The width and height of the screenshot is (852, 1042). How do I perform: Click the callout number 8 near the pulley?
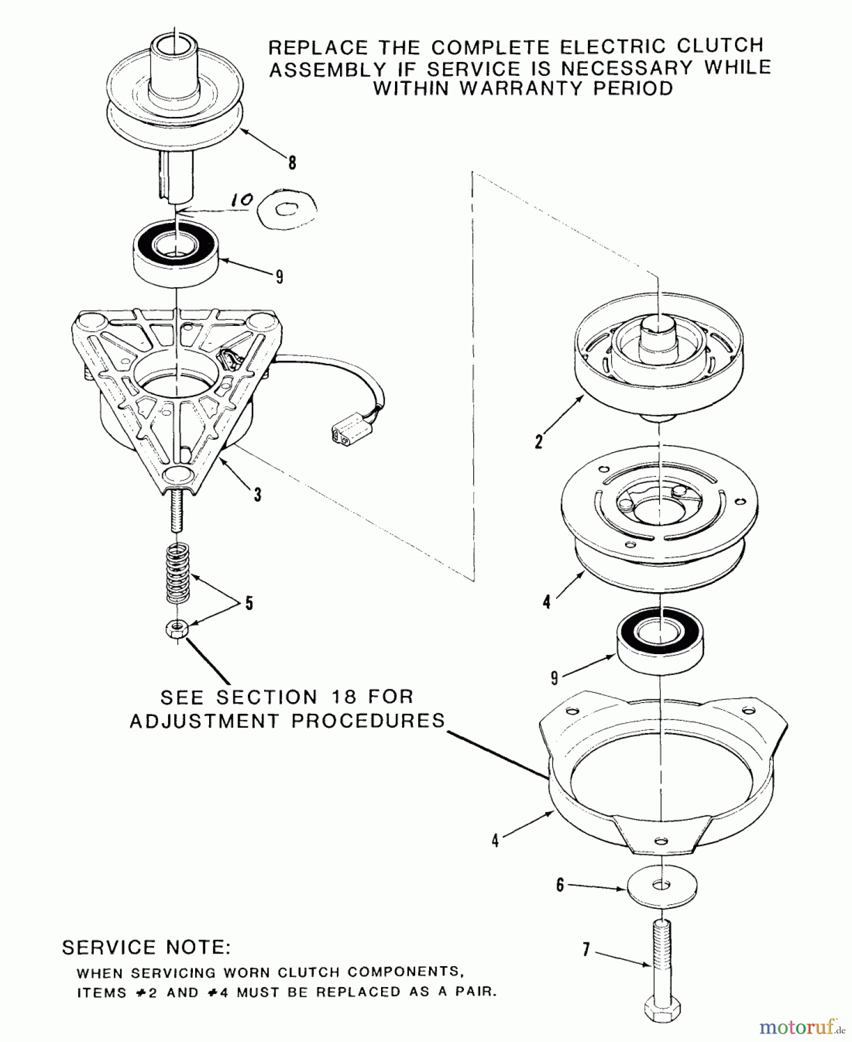pos(292,163)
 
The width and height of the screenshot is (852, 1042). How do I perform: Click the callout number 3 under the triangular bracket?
pos(257,494)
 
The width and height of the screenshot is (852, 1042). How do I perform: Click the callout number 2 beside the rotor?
pos(539,442)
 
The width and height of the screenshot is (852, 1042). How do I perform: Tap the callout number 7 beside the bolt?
pos(586,950)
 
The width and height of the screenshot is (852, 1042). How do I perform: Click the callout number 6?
pos(560,885)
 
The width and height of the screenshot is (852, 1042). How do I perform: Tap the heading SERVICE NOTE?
pos(146,948)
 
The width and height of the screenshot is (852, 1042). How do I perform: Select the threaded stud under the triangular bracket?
pos(177,510)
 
